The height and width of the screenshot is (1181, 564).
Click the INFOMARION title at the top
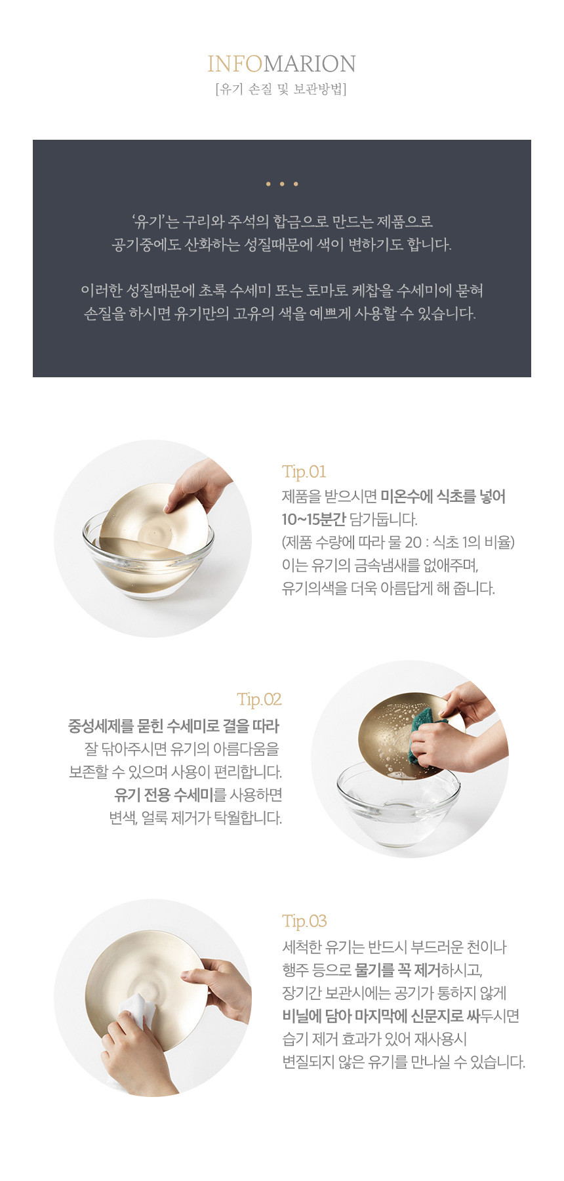[281, 64]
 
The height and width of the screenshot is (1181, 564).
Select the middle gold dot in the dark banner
[281, 184]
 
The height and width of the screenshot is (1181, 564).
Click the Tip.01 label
[304, 472]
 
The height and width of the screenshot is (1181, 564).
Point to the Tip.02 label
[260, 699]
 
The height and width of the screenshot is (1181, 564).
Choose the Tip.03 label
[304, 921]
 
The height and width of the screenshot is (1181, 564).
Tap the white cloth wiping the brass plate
[140, 1010]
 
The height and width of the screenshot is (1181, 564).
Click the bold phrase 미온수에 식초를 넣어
[443, 497]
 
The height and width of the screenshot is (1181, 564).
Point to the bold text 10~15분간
[313, 520]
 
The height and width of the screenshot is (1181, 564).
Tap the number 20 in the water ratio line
[413, 543]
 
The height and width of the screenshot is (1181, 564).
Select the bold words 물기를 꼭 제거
[397, 970]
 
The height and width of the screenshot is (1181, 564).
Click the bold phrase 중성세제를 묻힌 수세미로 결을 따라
[174, 726]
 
